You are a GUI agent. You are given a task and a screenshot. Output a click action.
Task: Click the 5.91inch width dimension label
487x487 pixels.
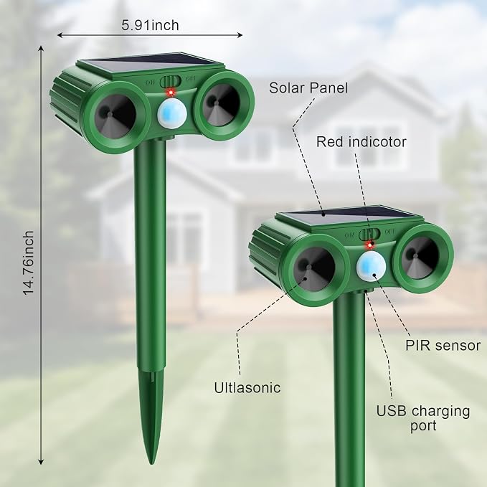[150, 25]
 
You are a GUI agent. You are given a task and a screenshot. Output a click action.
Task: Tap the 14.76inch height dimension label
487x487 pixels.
[28, 263]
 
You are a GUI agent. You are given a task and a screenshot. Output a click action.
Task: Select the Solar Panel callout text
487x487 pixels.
[308, 88]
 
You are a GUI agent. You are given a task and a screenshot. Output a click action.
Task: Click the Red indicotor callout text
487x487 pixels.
[361, 142]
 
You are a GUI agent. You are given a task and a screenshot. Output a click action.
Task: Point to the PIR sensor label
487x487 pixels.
[443, 346]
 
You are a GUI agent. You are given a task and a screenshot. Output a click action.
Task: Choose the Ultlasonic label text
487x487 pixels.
[247, 387]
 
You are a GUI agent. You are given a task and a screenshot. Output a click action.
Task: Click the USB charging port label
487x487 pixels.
[423, 418]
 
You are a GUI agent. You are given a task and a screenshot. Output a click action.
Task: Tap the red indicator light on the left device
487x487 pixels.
[171, 93]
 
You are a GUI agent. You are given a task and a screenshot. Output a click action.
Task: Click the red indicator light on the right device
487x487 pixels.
[369, 246]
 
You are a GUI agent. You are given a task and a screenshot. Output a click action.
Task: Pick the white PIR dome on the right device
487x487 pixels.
[371, 266]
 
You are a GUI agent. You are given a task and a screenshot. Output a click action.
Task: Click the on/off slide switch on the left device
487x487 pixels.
[170, 82]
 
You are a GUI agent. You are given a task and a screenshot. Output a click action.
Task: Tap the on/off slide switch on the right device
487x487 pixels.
[369, 235]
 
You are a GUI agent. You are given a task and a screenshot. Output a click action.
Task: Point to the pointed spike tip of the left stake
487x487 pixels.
[151, 463]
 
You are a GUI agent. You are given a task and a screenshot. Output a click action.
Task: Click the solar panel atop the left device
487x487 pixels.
[151, 65]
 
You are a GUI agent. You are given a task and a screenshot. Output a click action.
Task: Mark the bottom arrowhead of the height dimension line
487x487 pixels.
[41, 462]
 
